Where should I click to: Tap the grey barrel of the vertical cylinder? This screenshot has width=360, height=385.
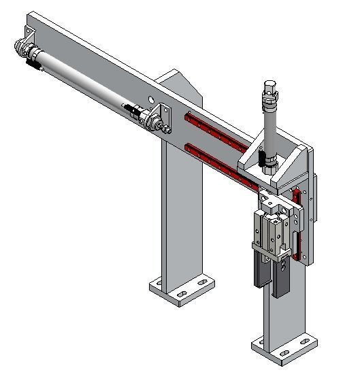click(269, 129)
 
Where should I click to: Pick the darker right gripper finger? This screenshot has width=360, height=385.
click(280, 281)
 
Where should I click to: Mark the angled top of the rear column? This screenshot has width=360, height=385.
click(180, 82)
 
